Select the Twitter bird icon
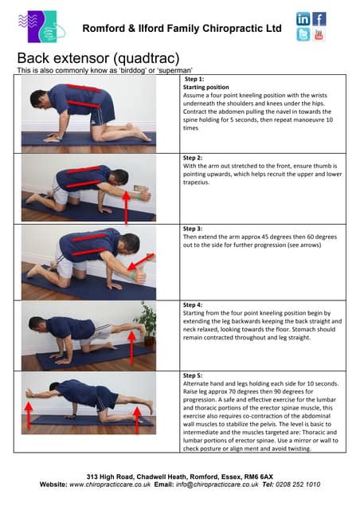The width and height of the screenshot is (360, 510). [303, 34]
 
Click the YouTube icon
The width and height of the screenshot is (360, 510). [319, 34]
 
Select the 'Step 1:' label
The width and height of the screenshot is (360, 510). [194, 80]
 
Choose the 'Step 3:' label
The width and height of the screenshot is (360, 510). [193, 229]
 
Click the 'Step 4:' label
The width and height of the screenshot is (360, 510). [193, 305]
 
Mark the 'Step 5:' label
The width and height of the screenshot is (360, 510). [193, 375]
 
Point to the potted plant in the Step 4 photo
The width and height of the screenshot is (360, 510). [147, 320]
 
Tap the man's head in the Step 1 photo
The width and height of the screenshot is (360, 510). [37, 100]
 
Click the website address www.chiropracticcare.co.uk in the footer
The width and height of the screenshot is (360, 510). [117, 484]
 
